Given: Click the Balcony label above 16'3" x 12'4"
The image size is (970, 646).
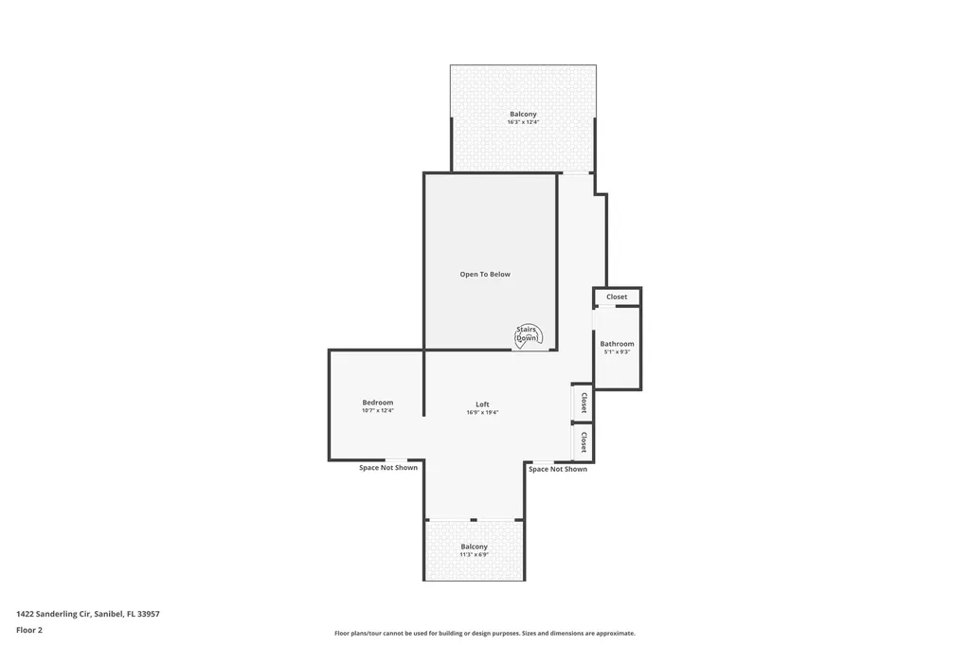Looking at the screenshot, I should (523, 114).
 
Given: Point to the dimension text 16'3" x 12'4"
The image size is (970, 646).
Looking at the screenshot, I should (523, 122).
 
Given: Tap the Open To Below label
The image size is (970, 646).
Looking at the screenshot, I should (485, 275).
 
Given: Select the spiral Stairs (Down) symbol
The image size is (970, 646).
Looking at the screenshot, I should (527, 334).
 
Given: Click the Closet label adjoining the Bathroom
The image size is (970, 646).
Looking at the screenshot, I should (617, 296).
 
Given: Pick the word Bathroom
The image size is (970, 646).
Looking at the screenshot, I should (617, 344).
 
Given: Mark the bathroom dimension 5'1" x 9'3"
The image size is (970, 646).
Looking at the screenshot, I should (617, 352).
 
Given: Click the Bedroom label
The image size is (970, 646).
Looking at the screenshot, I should (377, 403).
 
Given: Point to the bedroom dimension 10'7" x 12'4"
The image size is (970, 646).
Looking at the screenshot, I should (377, 411).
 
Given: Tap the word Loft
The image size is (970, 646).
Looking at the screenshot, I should (482, 404).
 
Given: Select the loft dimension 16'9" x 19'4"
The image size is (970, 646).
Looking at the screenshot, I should (482, 413).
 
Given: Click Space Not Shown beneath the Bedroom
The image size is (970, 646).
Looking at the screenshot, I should (387, 468).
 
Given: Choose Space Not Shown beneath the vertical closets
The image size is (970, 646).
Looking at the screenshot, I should (557, 469).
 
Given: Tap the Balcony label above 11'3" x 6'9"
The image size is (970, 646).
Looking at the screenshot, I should (475, 547).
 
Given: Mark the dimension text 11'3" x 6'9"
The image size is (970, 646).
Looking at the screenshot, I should (475, 555).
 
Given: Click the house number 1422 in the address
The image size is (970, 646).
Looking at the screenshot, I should (26, 614).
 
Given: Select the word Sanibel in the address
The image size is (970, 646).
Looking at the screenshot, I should (109, 614).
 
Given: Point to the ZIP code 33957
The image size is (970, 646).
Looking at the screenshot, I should (148, 614).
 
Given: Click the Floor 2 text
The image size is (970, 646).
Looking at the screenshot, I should (29, 630).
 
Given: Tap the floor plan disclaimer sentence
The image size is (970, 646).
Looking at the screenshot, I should (484, 633).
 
